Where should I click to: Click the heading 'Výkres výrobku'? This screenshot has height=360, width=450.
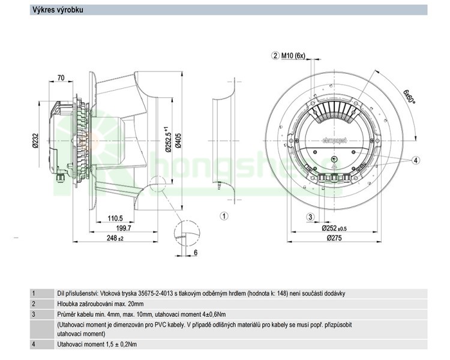57,10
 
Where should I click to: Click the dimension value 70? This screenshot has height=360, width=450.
61,78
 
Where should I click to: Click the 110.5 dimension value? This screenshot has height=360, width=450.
115,218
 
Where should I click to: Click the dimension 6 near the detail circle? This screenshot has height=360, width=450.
196,253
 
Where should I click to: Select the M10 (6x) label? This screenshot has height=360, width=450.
293,56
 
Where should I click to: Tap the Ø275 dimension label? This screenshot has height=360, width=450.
335,238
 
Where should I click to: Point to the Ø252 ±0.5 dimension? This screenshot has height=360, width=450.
336,229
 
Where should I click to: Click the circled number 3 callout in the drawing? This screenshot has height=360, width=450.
310,217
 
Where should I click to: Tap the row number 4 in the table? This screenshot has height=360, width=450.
34,344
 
